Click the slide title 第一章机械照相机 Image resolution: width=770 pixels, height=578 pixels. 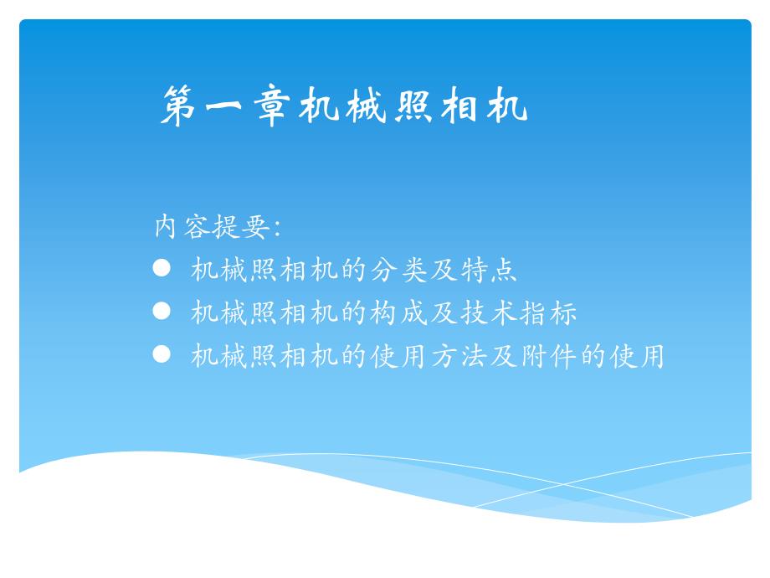344,106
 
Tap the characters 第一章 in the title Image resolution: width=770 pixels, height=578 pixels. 225,106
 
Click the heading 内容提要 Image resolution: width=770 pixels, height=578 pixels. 212,226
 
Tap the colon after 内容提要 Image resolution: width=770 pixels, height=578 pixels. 278,229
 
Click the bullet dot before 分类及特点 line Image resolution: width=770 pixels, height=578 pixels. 162,268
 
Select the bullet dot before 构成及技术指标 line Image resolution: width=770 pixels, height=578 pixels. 162,311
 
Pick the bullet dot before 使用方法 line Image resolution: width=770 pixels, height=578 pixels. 162,354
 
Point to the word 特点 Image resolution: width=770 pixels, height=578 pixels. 489,270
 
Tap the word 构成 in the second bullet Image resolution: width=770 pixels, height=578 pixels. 399,312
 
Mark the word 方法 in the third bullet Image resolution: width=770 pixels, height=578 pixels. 459,356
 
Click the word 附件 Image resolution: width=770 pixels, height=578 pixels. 549,356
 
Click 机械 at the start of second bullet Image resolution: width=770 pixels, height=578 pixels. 219,312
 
